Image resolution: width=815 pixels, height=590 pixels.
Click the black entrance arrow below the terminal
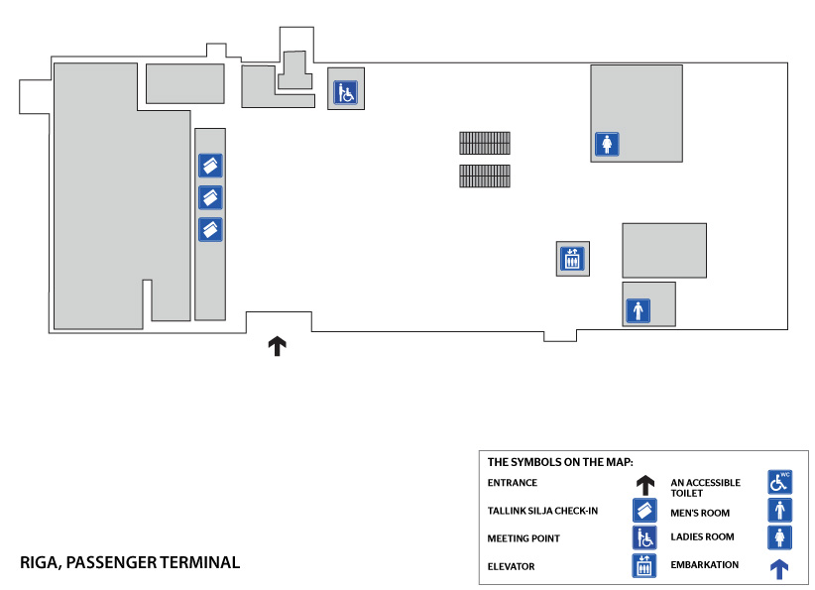[278, 346]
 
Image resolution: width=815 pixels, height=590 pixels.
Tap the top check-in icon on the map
[210, 165]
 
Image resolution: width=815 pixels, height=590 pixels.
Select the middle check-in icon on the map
[210, 197]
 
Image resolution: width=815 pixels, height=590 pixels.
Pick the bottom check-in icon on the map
[210, 230]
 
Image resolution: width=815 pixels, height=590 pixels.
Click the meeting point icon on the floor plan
[344, 93]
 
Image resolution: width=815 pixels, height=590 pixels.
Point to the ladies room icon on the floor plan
[607, 145]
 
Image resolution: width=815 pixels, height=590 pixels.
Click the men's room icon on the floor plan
[638, 310]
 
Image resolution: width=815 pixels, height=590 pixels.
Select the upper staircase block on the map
[485, 143]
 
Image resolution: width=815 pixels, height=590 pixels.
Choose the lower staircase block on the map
[485, 177]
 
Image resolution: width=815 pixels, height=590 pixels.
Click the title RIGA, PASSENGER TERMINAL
[130, 562]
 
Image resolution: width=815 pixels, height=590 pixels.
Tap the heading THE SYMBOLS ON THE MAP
[560, 461]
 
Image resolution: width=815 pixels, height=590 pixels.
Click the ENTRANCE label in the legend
[513, 483]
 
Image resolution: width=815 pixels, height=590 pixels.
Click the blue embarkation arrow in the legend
[780, 568]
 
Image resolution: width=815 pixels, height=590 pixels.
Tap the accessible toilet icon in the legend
[780, 483]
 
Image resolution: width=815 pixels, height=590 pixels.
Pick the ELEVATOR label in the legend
[512, 566]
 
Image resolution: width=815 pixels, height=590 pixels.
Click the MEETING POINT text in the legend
[524, 538]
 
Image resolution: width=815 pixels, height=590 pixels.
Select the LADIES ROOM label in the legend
[703, 537]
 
